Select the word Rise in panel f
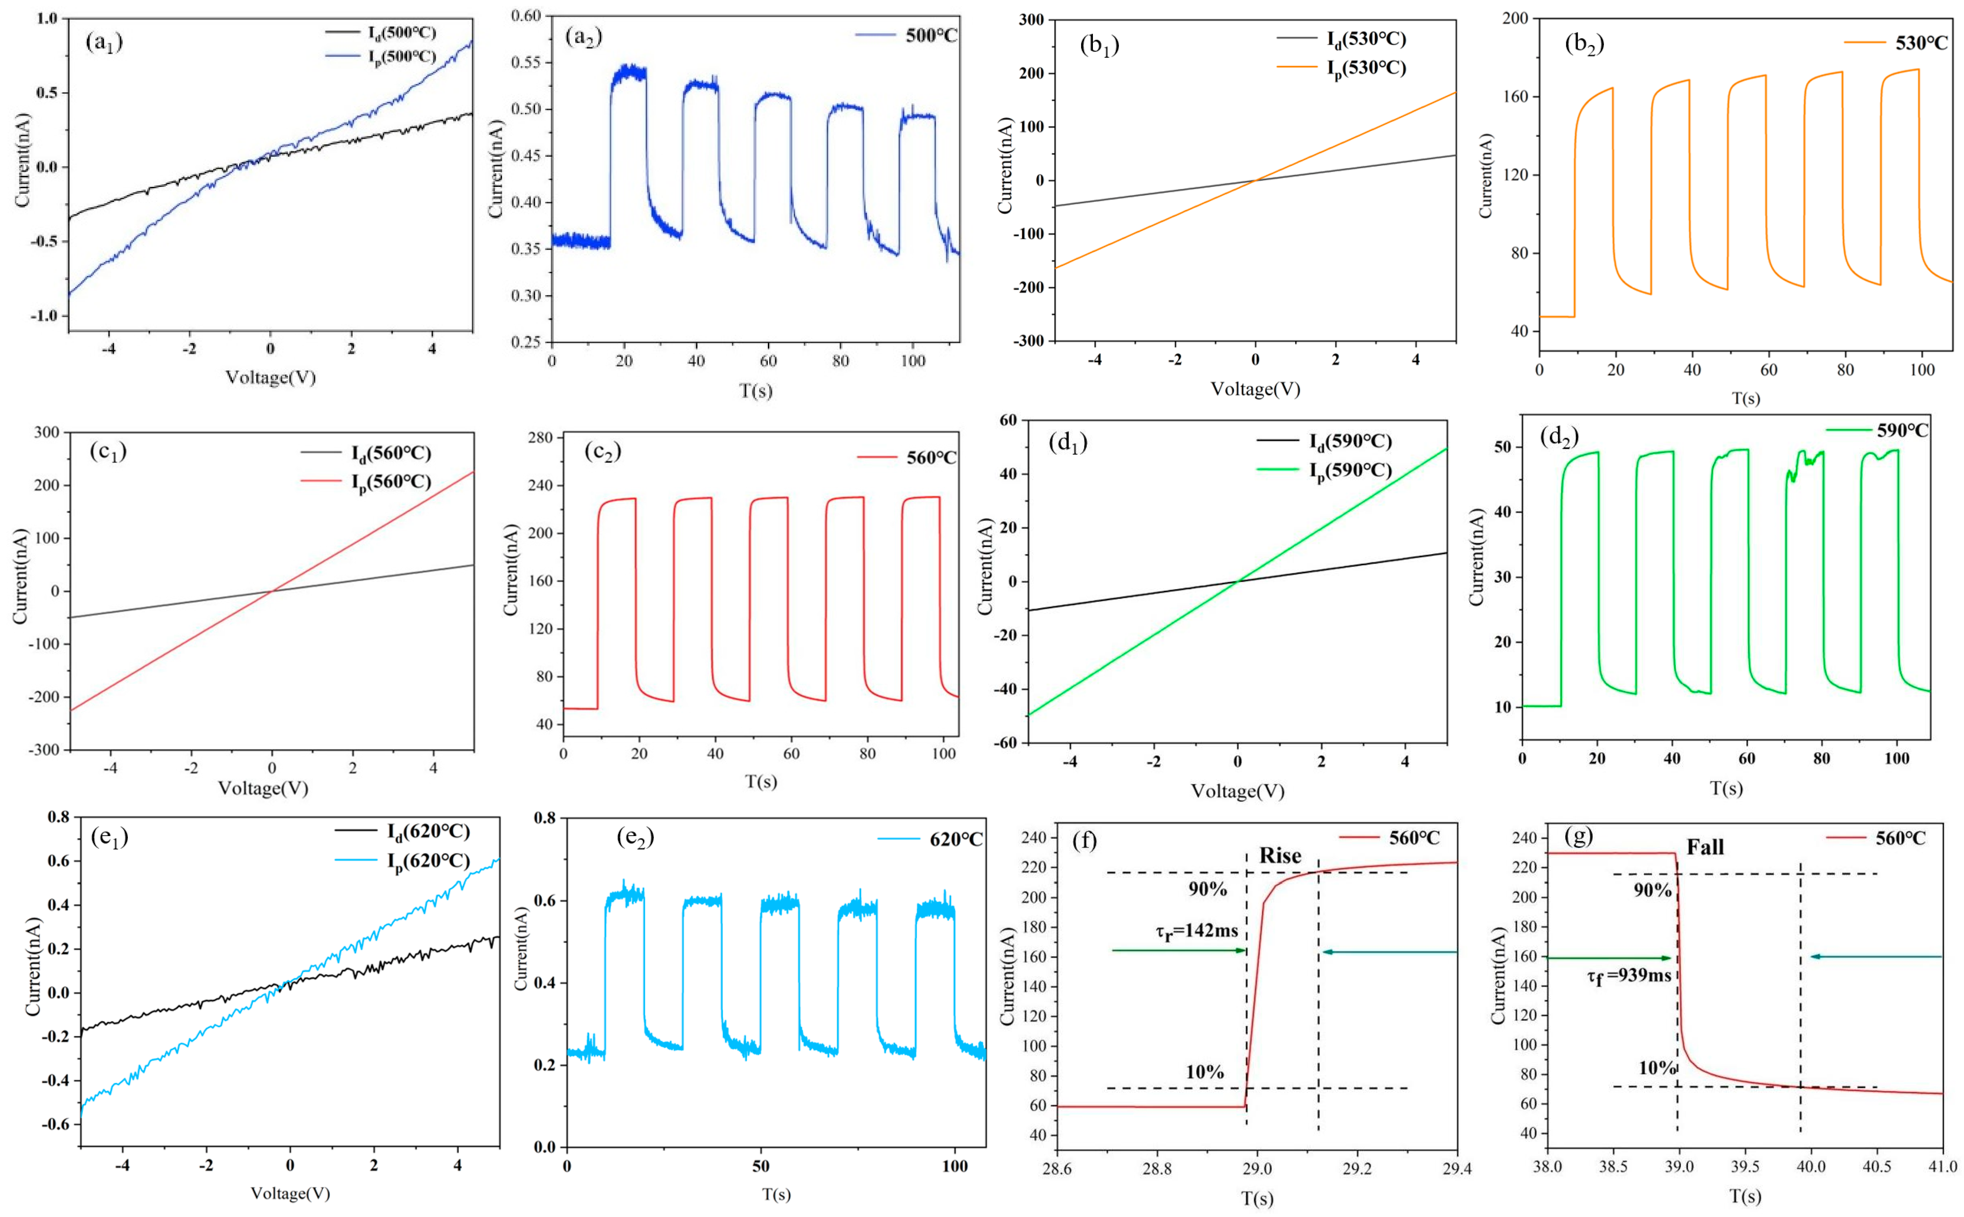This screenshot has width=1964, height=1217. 1280,856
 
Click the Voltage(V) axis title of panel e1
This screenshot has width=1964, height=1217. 290,1193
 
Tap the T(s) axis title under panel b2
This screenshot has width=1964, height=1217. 1745,398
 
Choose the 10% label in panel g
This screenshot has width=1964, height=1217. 1657,1068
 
